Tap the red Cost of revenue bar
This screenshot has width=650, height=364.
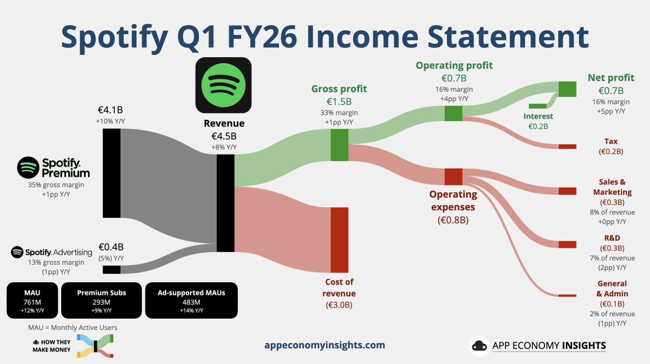coord(340,240)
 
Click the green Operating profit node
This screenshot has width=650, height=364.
coord(453,113)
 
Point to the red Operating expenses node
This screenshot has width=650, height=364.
coord(453,176)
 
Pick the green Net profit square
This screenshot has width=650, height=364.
coord(567,89)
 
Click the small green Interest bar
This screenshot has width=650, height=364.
coord(538,105)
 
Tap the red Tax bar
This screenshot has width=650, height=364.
coord(567,147)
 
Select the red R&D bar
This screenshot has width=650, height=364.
coord(567,244)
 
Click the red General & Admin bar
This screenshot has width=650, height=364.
coord(567,295)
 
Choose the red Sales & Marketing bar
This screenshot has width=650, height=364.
coord(567,191)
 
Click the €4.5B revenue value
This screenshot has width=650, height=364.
coord(224,136)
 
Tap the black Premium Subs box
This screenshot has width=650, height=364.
coord(101,300)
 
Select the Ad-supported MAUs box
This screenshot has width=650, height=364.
coord(191,300)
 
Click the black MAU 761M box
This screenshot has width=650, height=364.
coord(32,300)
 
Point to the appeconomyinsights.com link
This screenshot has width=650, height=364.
coord(325,345)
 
